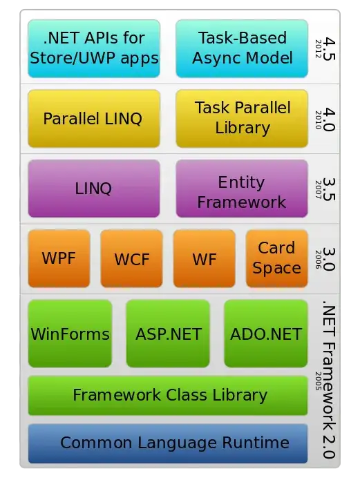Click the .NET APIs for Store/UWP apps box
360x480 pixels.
coord(94,48)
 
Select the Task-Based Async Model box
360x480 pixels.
coord(242,48)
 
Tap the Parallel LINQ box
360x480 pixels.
coord(94,119)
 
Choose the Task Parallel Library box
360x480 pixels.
coord(242,119)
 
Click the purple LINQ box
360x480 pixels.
coord(94,189)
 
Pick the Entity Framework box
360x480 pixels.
coord(242,189)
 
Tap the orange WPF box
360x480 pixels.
coord(59,259)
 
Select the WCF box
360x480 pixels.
coord(132,259)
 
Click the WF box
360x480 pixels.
coord(205,259)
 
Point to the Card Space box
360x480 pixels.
coord(277,259)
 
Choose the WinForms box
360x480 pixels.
coord(70,334)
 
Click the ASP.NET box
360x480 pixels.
coord(168,334)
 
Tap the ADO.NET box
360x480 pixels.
coord(266,334)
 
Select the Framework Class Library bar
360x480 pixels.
coord(168,395)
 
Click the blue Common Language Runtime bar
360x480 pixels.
coord(168,443)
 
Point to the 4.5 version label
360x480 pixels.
coord(330,49)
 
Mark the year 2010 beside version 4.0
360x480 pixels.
coord(319,120)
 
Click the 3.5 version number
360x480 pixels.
coord(330,189)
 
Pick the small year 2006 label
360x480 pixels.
coord(319,260)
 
